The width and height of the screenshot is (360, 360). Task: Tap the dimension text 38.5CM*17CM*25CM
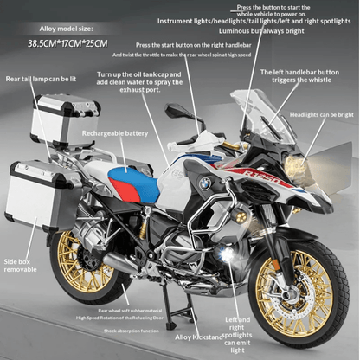pos(67,42)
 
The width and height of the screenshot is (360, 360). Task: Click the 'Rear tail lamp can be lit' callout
pos(40,79)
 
